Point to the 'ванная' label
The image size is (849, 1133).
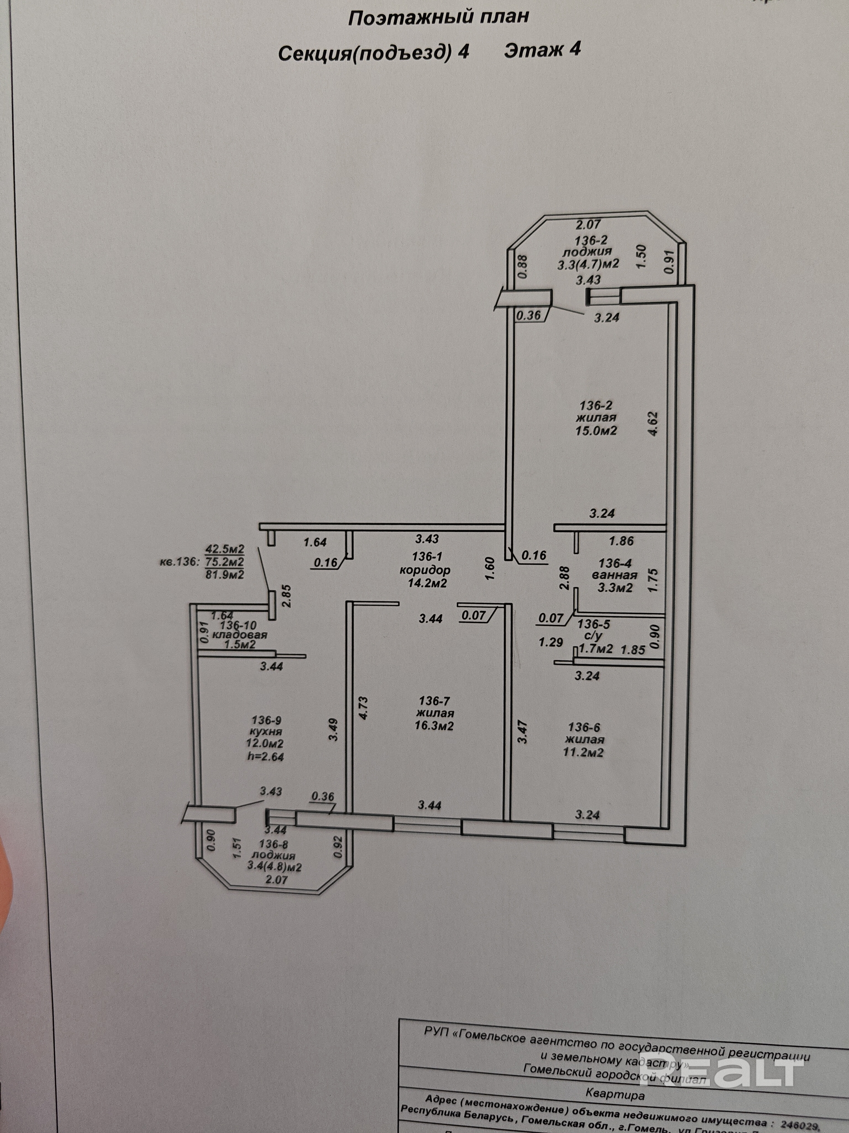614,575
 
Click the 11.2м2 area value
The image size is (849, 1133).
584,752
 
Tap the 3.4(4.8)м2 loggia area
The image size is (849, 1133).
274,867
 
